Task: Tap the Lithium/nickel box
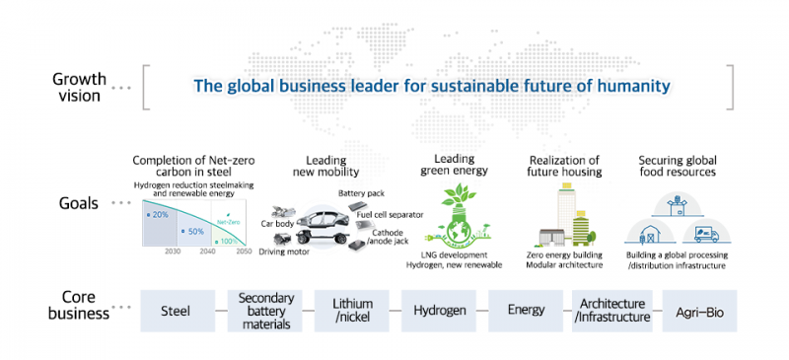pyautogui.click(x=352, y=310)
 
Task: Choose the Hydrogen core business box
pyautogui.click(x=439, y=310)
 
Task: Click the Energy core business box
pyautogui.click(x=526, y=310)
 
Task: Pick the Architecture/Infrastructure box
pyautogui.click(x=611, y=310)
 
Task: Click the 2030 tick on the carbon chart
pyautogui.click(x=172, y=252)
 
